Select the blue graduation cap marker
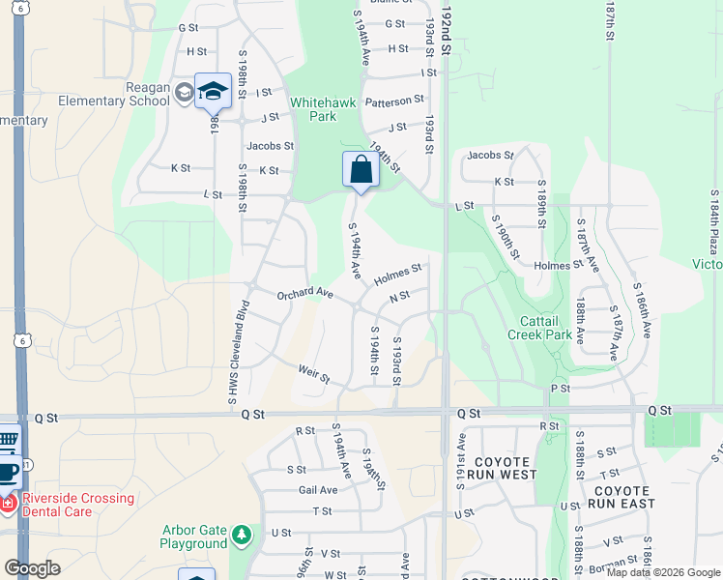pyautogui.click(x=213, y=92)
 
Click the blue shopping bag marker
pyautogui.click(x=360, y=170)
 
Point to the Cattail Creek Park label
pyautogui.click(x=538, y=327)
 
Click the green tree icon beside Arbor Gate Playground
pyautogui.click(x=241, y=534)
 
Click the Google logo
pyautogui.click(x=32, y=568)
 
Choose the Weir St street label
pyautogui.click(x=314, y=370)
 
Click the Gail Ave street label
pyautogui.click(x=317, y=490)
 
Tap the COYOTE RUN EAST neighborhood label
pyautogui.click(x=620, y=497)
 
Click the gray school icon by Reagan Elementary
pyautogui.click(x=184, y=93)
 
